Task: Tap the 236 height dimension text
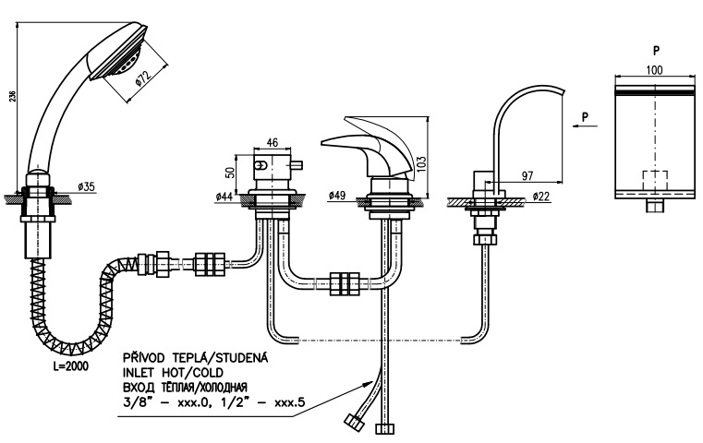click(13, 96)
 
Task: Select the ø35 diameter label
click(86, 186)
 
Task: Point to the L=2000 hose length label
click(71, 366)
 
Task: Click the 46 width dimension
click(273, 142)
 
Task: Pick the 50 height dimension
click(229, 173)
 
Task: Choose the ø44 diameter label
click(224, 197)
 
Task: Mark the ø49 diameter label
click(337, 196)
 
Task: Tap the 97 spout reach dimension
click(527, 175)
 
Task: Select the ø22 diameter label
click(541, 197)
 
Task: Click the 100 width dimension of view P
click(654, 70)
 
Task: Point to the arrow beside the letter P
click(585, 126)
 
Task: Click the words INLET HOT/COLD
click(173, 373)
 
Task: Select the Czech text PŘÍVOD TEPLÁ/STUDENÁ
click(196, 357)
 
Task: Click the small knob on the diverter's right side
click(297, 166)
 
